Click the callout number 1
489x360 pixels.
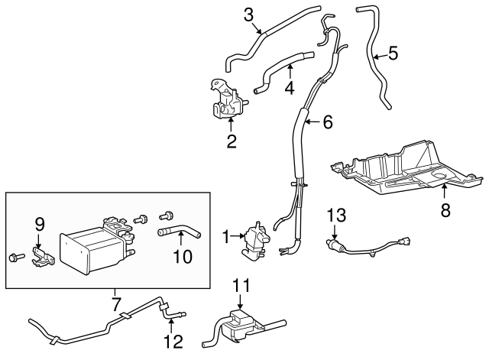(x=226, y=238)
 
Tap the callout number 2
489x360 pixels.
(x=231, y=141)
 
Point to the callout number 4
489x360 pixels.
(x=289, y=88)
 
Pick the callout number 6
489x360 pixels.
(x=327, y=121)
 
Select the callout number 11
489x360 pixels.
(x=241, y=285)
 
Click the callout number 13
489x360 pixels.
(x=336, y=216)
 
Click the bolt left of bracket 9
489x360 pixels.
(x=15, y=255)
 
